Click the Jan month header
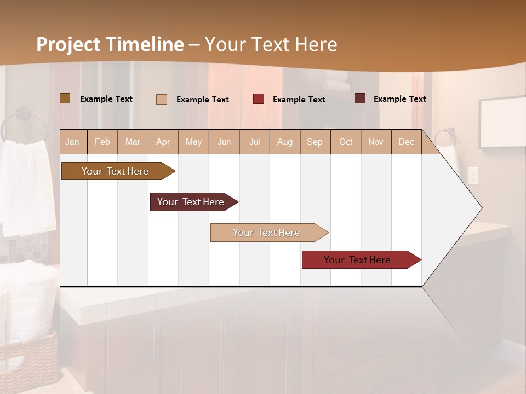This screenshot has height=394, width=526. [x=72, y=142]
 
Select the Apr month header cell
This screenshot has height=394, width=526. [x=163, y=142]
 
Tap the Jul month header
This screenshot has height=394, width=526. [x=254, y=142]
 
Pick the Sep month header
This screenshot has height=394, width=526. [x=315, y=142]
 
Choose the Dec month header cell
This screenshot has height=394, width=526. [x=406, y=142]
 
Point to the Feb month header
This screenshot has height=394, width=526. [x=102, y=142]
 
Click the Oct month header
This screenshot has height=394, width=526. [x=346, y=142]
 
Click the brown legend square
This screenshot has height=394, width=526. [x=65, y=99]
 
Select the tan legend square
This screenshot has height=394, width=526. [x=161, y=99]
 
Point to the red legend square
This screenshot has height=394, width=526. [x=259, y=99]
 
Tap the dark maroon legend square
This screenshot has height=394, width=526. [x=359, y=99]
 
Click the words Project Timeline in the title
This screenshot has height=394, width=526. [x=110, y=44]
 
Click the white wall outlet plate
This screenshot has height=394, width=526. [x=473, y=175]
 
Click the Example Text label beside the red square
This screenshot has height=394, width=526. [x=299, y=100]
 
